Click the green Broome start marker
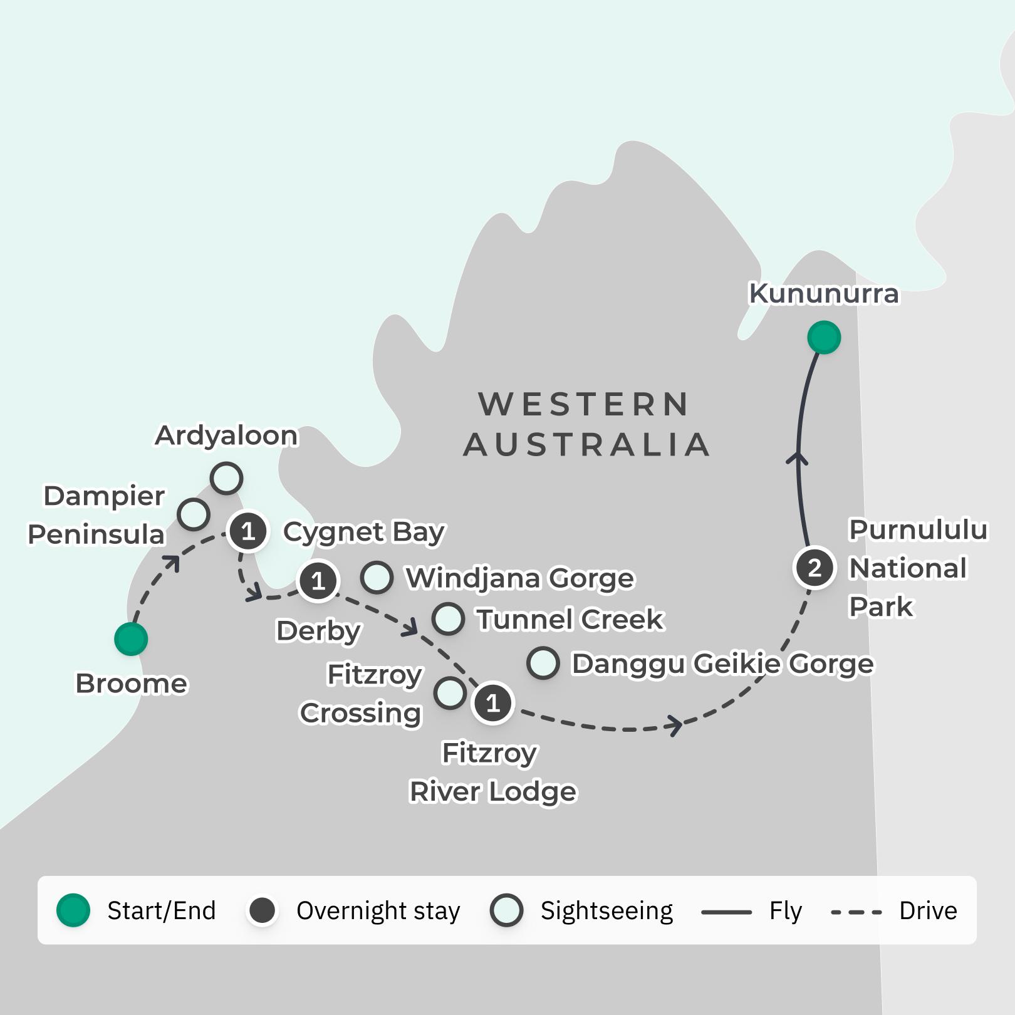(x=131, y=639)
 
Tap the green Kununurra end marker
(x=823, y=338)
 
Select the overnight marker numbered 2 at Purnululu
(x=815, y=568)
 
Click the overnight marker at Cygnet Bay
(x=248, y=531)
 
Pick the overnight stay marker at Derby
(x=318, y=581)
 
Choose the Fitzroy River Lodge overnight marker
(x=493, y=703)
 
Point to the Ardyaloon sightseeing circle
(x=226, y=479)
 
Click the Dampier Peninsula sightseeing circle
(x=193, y=514)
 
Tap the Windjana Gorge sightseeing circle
(x=377, y=577)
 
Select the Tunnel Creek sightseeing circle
(x=448, y=618)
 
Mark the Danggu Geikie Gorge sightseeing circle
(x=543, y=663)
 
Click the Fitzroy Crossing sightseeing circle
(x=450, y=693)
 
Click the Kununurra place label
(x=823, y=293)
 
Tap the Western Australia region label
(x=586, y=424)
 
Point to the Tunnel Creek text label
(x=570, y=619)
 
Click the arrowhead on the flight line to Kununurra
(x=797, y=457)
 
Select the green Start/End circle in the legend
(x=73, y=910)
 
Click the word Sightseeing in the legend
(x=606, y=910)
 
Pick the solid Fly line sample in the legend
(x=726, y=912)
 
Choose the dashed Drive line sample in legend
(x=856, y=912)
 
